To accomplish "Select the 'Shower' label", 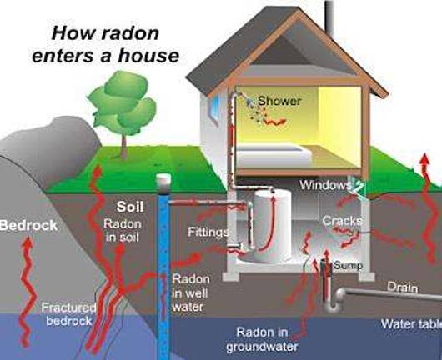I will pos(279,101).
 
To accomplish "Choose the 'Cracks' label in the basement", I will pos(340,221).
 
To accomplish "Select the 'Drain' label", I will pos(402,287).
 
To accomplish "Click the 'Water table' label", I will pos(409,323).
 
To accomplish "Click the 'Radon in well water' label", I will pos(190,291).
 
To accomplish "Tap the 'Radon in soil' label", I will pos(122,231).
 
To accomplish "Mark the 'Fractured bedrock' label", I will pos(70,312).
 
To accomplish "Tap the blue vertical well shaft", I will pos(163,267).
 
